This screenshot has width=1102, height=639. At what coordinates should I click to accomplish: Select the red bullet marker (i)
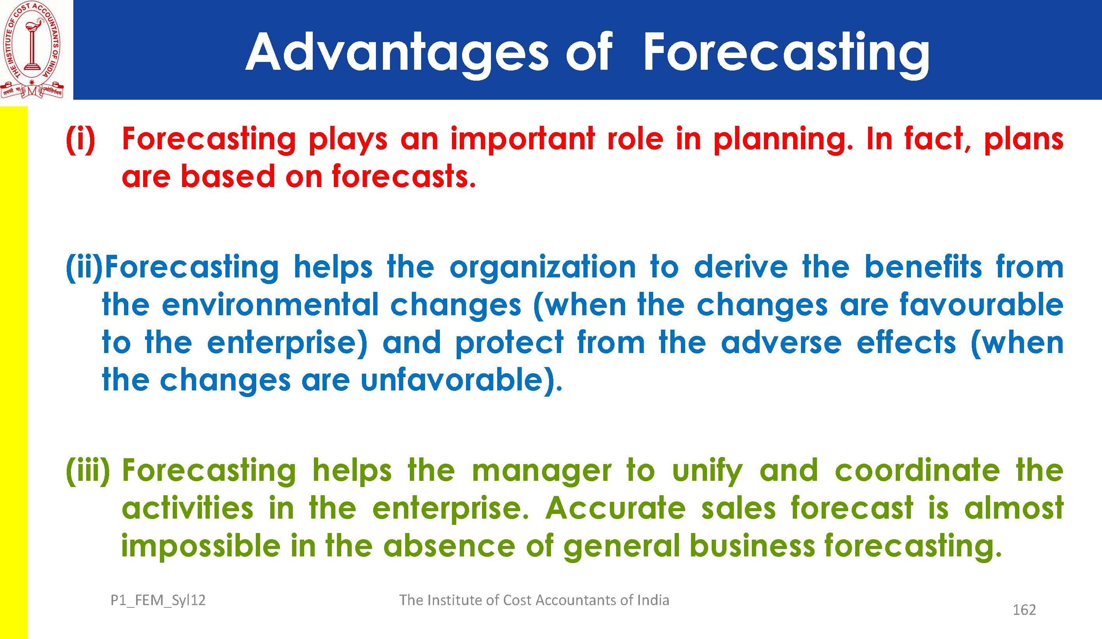tap(80, 140)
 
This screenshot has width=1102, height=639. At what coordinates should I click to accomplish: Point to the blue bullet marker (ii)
tap(84, 268)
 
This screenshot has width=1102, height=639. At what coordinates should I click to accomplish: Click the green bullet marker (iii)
tap(88, 471)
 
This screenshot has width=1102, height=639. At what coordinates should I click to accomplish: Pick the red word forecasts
tap(404, 176)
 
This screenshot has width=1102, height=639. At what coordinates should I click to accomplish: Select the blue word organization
tap(543, 268)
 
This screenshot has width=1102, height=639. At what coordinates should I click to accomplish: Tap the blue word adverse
tap(781, 342)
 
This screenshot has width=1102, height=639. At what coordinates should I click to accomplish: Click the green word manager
tap(542, 471)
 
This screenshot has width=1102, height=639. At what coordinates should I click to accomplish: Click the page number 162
tap(1025, 610)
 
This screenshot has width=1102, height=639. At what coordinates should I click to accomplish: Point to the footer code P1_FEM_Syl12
tap(158, 600)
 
